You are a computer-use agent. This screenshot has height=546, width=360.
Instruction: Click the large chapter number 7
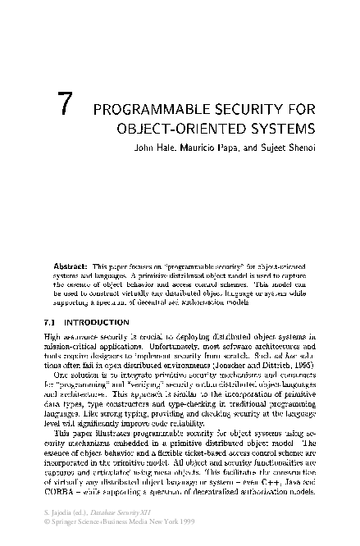[71, 108]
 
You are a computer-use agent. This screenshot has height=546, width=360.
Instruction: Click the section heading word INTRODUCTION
[96, 321]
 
